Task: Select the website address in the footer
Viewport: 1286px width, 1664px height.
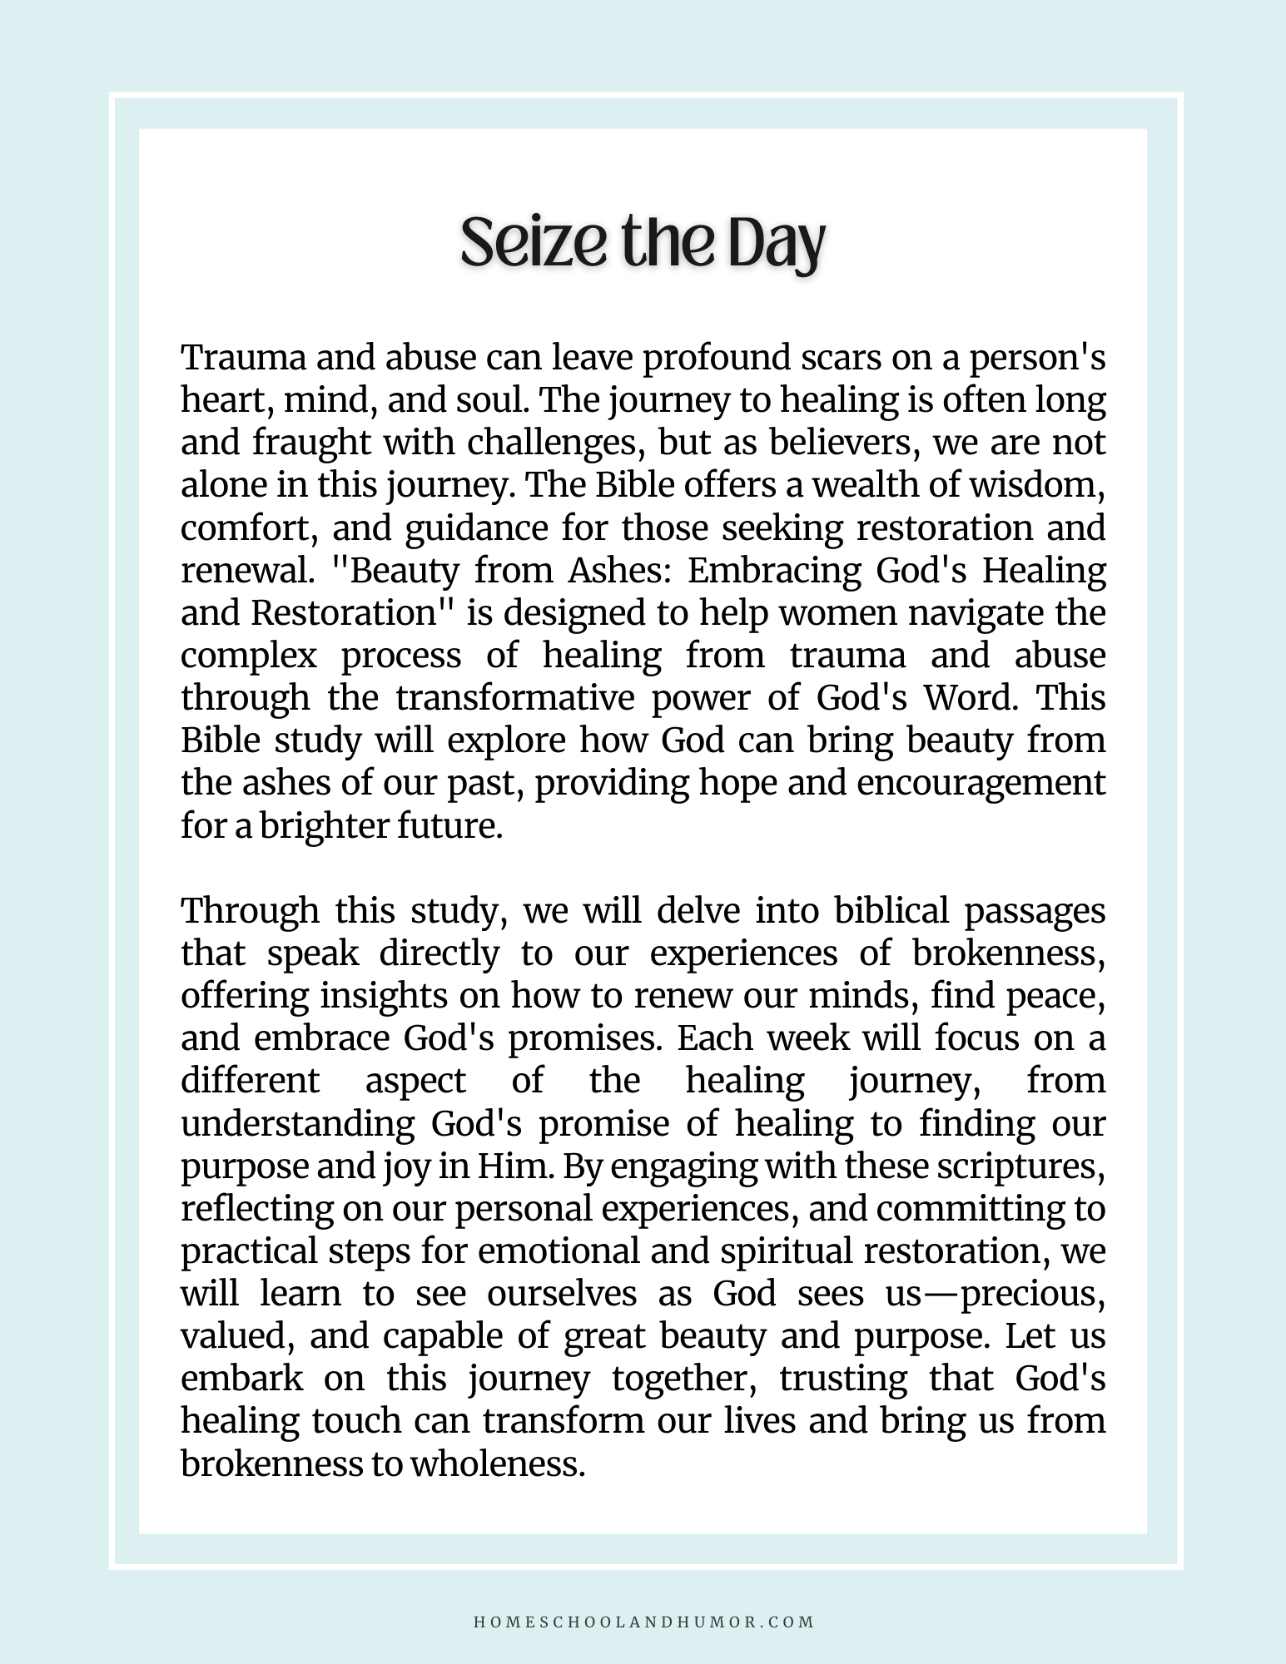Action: point(643,1622)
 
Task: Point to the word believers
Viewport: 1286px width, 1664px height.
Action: point(842,443)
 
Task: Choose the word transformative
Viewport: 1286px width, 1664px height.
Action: point(515,697)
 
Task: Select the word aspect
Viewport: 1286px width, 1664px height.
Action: point(415,1080)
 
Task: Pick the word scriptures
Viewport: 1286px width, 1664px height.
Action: point(1020,1166)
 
